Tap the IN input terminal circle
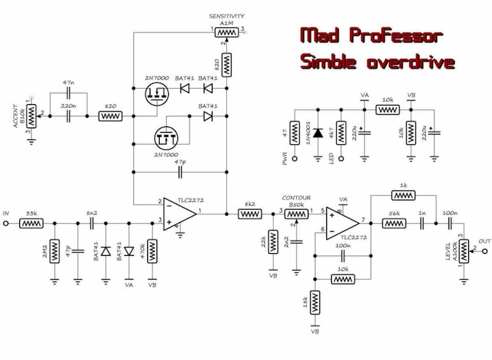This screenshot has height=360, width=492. coord(6,223)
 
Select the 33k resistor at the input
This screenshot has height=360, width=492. coord(31,223)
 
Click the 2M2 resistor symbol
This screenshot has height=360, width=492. coord(55,251)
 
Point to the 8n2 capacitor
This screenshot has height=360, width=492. coord(92,223)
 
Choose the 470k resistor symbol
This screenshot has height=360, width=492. coord(152,251)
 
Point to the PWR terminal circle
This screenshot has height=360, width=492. coord(295,159)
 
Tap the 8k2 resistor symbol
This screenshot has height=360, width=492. coord(250,214)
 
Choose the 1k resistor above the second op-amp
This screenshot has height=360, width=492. coord(403,195)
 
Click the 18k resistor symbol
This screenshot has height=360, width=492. coord(315,301)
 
